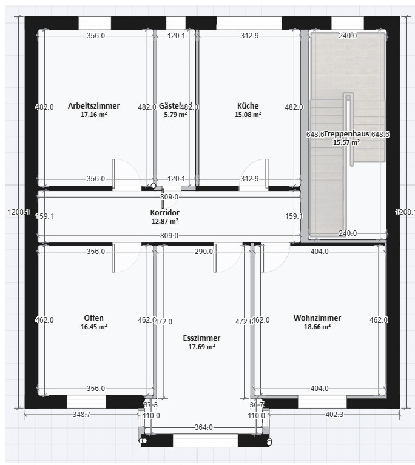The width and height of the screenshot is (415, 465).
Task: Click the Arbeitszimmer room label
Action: click(93, 105)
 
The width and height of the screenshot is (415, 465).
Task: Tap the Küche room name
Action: click(248, 105)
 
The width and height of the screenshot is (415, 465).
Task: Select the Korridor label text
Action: click(165, 213)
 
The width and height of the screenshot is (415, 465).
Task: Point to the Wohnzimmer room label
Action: click(317, 318)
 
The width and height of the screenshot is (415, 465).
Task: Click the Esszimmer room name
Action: click(201, 338)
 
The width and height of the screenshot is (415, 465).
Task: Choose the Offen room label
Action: click(93, 318)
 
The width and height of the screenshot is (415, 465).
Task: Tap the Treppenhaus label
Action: click(347, 134)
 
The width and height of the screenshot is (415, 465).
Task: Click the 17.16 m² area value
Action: click(93, 115)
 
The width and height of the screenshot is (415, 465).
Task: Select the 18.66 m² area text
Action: click(317, 327)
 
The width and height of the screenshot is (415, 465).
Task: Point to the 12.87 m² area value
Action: click(165, 222)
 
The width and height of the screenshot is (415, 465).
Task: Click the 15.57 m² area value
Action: click(346, 142)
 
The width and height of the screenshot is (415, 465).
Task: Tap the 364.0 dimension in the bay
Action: click(204, 427)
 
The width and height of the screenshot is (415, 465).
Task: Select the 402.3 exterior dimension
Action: click(334, 415)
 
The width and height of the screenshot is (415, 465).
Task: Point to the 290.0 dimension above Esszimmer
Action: click(203, 251)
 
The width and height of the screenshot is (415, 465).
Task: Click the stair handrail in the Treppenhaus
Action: click(348, 127)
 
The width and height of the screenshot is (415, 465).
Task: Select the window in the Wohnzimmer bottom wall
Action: click(322, 402)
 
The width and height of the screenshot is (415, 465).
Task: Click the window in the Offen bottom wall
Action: click(86, 402)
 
